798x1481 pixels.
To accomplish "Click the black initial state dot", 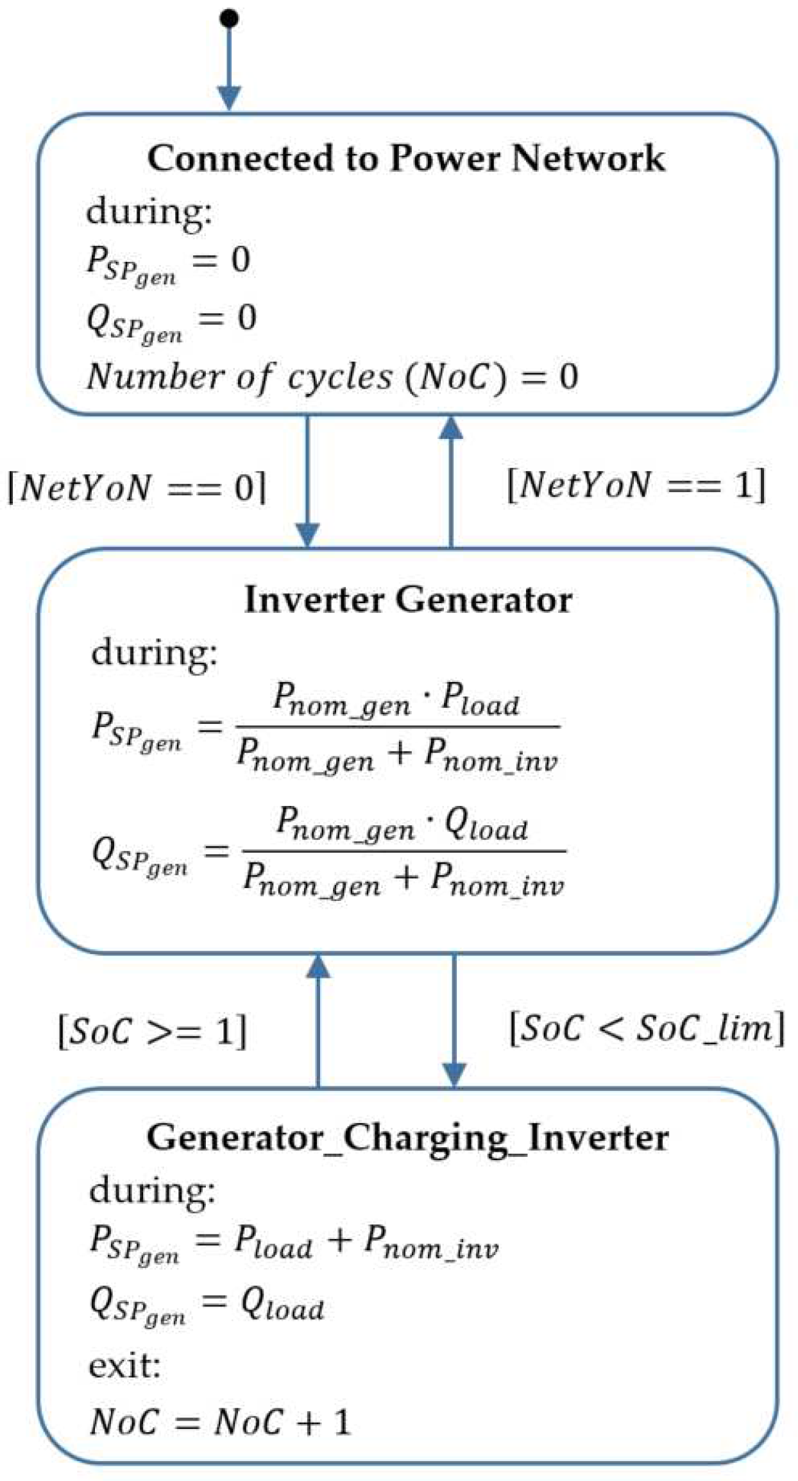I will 229,19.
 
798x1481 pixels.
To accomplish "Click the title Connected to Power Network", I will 406,158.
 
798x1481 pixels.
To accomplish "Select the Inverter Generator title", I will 408,600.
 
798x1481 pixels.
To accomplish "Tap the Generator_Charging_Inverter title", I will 407,1137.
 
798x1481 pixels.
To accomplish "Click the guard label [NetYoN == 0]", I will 137,488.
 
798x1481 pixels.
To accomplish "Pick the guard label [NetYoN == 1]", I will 636,484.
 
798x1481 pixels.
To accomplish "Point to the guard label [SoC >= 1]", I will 152,1031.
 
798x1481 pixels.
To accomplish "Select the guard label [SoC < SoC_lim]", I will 647,1028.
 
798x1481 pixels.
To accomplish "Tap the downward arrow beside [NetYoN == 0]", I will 307,481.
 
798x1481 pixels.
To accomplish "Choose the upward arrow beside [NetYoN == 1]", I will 451,481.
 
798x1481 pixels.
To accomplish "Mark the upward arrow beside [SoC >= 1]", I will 318,1020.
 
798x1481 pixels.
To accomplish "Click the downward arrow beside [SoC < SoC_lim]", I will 454,1020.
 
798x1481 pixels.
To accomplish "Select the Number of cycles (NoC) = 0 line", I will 332,377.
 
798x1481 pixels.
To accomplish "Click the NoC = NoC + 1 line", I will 220,1421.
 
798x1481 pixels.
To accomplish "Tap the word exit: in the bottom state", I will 124,1365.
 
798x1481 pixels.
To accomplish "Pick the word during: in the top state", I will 149,210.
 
